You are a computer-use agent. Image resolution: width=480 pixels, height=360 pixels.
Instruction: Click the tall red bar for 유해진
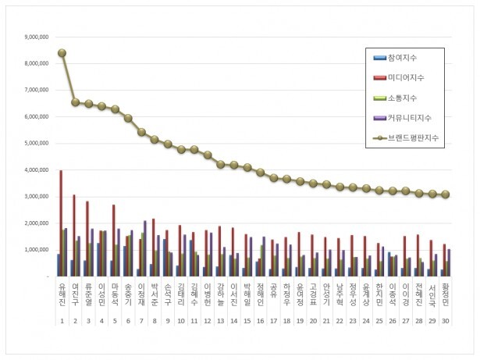coord(62,223)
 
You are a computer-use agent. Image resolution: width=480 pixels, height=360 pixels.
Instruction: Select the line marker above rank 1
coord(62,53)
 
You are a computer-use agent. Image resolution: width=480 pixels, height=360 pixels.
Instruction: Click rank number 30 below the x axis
coord(446,321)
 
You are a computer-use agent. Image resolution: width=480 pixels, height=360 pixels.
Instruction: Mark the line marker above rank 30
coord(446,194)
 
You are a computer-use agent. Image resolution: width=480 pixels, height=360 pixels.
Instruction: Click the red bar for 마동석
coord(114,241)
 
